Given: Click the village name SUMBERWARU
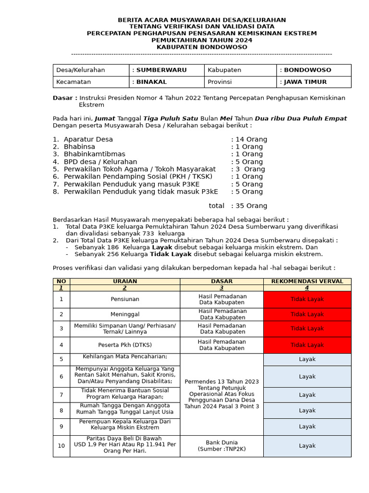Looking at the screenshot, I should click(161, 70).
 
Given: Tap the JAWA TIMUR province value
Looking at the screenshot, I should click(305, 82).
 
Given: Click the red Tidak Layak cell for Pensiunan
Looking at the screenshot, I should click(307, 299).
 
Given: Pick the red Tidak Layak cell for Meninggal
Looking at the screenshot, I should click(307, 314).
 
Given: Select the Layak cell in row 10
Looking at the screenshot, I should click(307, 446).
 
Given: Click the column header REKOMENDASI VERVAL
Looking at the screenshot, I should click(307, 281).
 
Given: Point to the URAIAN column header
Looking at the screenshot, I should click(125, 281).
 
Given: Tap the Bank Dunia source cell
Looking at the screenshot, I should click(221, 446).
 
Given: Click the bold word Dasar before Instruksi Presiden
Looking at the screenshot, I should click(64, 98).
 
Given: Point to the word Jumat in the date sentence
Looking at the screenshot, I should click(105, 118).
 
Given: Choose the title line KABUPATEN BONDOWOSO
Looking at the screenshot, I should click(202, 47).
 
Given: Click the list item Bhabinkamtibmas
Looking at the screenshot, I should click(94, 154).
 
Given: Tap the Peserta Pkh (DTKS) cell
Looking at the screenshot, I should click(125, 345).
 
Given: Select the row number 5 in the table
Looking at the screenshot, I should click(61, 359).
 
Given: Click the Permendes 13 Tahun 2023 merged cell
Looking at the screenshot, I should click(221, 394).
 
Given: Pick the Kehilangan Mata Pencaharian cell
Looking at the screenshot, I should click(125, 357).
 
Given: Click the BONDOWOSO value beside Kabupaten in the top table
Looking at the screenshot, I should click(307, 70).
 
